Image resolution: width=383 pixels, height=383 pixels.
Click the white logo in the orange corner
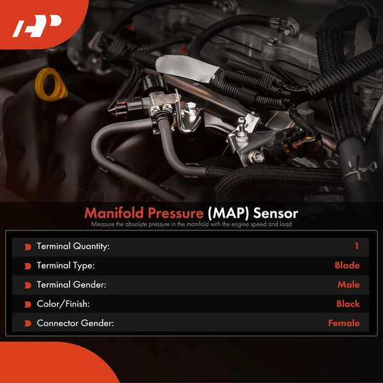36,26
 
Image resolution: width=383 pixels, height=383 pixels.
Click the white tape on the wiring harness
187,68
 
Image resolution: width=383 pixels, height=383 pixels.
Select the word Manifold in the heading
114,213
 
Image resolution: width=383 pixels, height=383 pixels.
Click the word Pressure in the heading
176,213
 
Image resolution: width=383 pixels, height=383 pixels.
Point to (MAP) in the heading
228,213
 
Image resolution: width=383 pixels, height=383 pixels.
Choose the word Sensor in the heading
276,213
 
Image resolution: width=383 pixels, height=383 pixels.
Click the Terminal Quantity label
73,246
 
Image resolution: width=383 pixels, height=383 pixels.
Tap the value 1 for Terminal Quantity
357,246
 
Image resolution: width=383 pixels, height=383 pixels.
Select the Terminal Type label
66,266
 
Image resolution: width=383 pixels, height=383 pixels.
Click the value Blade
347,266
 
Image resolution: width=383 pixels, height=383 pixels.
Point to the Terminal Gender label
71,285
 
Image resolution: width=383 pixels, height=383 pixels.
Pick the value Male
349,285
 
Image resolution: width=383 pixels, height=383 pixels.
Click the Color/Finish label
63,304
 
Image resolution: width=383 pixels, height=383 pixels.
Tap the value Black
348,304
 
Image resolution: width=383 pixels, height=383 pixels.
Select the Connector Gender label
75,324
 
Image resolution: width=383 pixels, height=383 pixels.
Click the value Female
344,324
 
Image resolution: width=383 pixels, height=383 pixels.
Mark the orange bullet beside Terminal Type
28,266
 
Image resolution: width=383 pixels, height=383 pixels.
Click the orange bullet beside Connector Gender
28,324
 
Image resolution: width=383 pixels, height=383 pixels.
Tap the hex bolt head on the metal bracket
256,156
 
